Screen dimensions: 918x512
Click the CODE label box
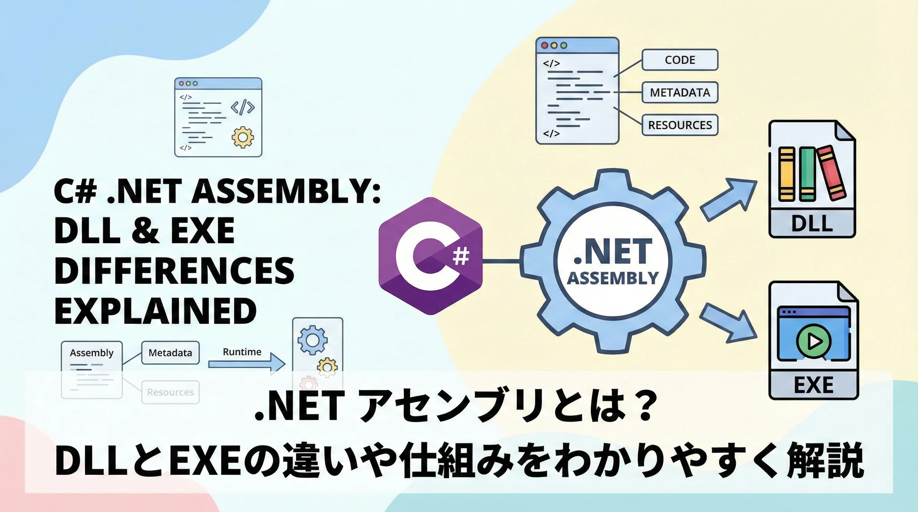coord(679,60)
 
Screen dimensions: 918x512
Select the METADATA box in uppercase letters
coord(679,93)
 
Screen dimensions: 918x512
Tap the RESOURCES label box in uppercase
coord(679,125)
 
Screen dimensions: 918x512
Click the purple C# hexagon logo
coord(431,256)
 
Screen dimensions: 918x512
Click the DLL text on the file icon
coord(812,224)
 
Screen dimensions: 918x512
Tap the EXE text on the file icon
coord(814,385)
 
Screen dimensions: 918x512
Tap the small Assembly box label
coord(92,353)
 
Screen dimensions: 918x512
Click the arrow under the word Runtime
coord(247,364)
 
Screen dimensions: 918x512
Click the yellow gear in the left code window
coord(243,137)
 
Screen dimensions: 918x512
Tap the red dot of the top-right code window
coord(544,45)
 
